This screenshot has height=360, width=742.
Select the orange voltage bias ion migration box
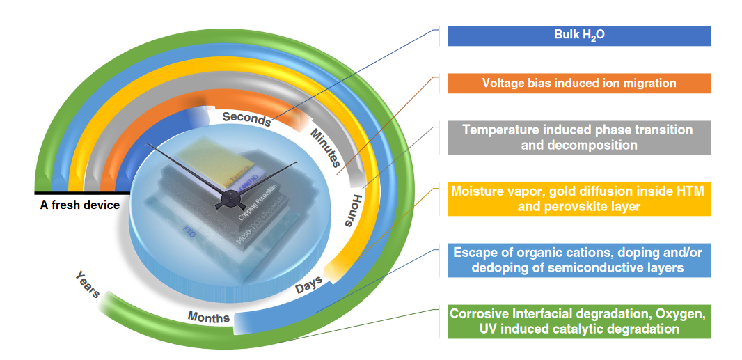pyautogui.click(x=578, y=83)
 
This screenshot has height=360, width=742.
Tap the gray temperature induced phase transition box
pyautogui.click(x=578, y=138)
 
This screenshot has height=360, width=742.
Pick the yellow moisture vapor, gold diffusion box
pyautogui.click(x=578, y=198)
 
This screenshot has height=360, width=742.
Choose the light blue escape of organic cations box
pyautogui.click(x=578, y=259)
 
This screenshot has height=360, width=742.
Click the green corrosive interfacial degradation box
pyautogui.click(x=578, y=321)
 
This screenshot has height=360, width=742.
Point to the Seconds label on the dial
pyautogui.click(x=246, y=119)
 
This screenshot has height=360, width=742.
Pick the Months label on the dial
pyautogui.click(x=208, y=318)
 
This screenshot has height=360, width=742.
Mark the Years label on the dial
pyautogui.click(x=88, y=285)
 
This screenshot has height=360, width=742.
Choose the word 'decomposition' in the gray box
pyautogui.click(x=578, y=146)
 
